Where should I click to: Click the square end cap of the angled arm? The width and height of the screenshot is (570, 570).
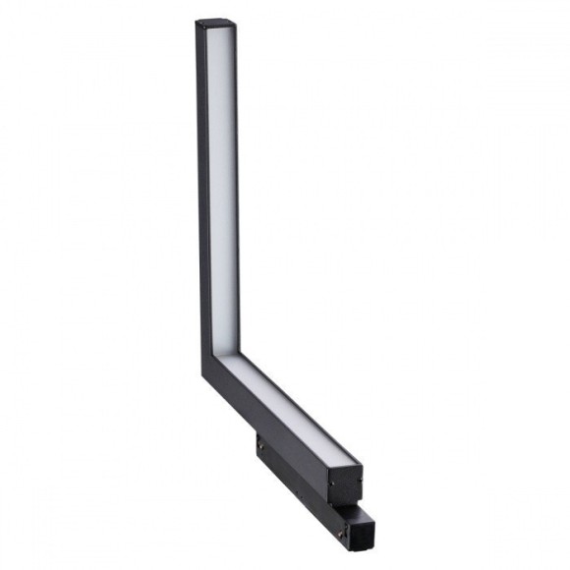(x=347, y=484)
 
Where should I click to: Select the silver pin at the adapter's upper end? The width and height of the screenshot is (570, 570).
(x=260, y=444)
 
